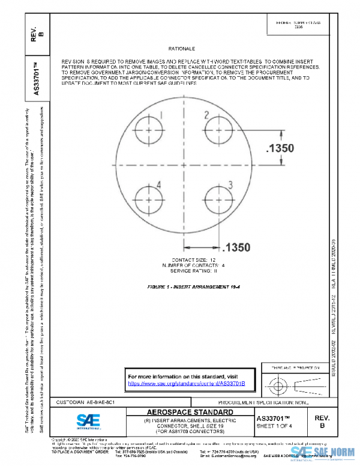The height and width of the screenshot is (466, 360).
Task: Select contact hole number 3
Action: click(217, 199)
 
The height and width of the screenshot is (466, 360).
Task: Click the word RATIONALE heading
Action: click(184, 48)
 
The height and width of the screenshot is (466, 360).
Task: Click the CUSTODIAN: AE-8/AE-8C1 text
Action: click(81, 401)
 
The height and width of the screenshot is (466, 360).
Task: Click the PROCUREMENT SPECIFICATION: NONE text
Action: click(264, 401)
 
